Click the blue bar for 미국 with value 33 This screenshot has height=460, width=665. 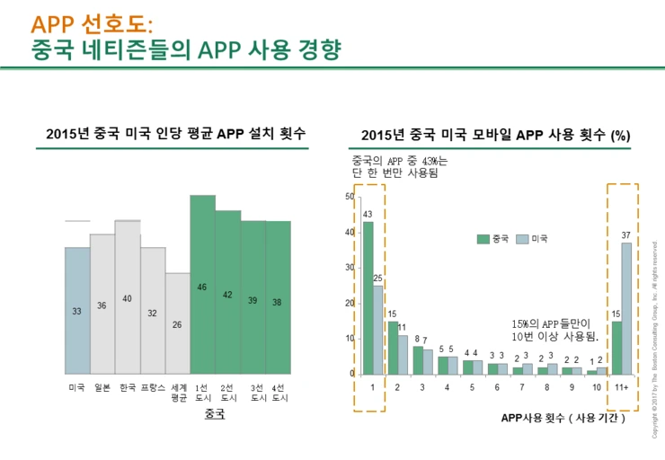[x=77, y=310]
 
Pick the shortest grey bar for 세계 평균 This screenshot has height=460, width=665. [x=178, y=323]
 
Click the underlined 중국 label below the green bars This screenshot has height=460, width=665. [x=215, y=414]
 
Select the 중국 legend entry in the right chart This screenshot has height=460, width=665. [x=492, y=238]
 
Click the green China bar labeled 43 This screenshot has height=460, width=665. [x=368, y=297]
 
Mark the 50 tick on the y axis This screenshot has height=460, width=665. [x=349, y=197]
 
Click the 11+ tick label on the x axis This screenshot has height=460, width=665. [x=622, y=387]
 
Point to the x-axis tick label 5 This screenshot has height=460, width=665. [x=472, y=387]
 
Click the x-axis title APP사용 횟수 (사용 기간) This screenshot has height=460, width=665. [x=563, y=418]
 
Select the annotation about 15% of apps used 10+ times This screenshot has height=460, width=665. [x=554, y=329]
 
